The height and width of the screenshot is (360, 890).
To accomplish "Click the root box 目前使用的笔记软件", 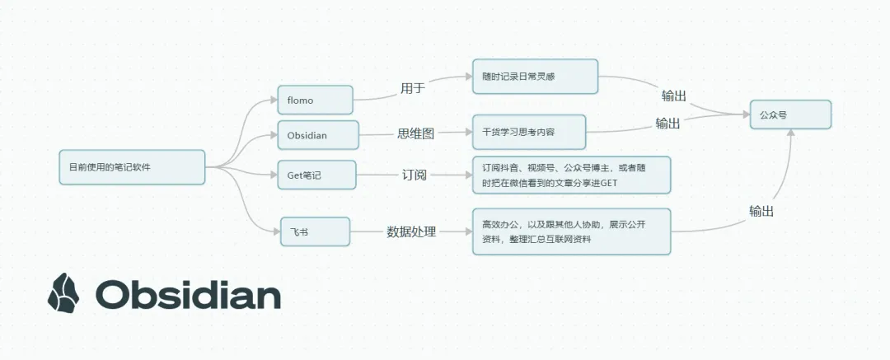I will point(132,167).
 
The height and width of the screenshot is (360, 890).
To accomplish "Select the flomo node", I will point(315,101).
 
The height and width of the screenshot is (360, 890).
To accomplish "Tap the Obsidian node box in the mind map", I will point(318,134).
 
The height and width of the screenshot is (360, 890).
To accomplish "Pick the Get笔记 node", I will point(316,175).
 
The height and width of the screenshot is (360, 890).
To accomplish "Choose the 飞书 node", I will point(315,231).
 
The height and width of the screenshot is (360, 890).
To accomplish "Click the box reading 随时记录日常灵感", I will point(534,76).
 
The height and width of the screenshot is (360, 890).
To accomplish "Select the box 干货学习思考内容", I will point(528,131).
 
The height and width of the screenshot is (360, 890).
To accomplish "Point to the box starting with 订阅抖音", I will point(571,175).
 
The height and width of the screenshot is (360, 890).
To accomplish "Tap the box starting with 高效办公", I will point(571,231).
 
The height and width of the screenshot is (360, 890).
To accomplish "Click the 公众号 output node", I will point(789,115).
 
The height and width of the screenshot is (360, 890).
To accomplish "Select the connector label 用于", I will point(413,87).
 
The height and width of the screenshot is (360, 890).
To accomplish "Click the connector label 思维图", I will point(416,132).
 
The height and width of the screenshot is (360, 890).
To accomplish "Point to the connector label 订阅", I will point(415,175).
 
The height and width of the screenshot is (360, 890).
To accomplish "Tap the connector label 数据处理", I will point(412,231).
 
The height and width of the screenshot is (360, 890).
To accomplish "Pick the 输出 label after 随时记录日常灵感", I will point(673,96).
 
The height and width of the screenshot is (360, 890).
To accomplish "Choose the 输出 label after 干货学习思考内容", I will point(667,124).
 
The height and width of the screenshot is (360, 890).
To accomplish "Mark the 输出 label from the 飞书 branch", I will point(761,211).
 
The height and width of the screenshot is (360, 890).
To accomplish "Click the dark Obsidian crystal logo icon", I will point(64,293).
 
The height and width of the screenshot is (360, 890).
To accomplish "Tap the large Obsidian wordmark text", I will point(188,294).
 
